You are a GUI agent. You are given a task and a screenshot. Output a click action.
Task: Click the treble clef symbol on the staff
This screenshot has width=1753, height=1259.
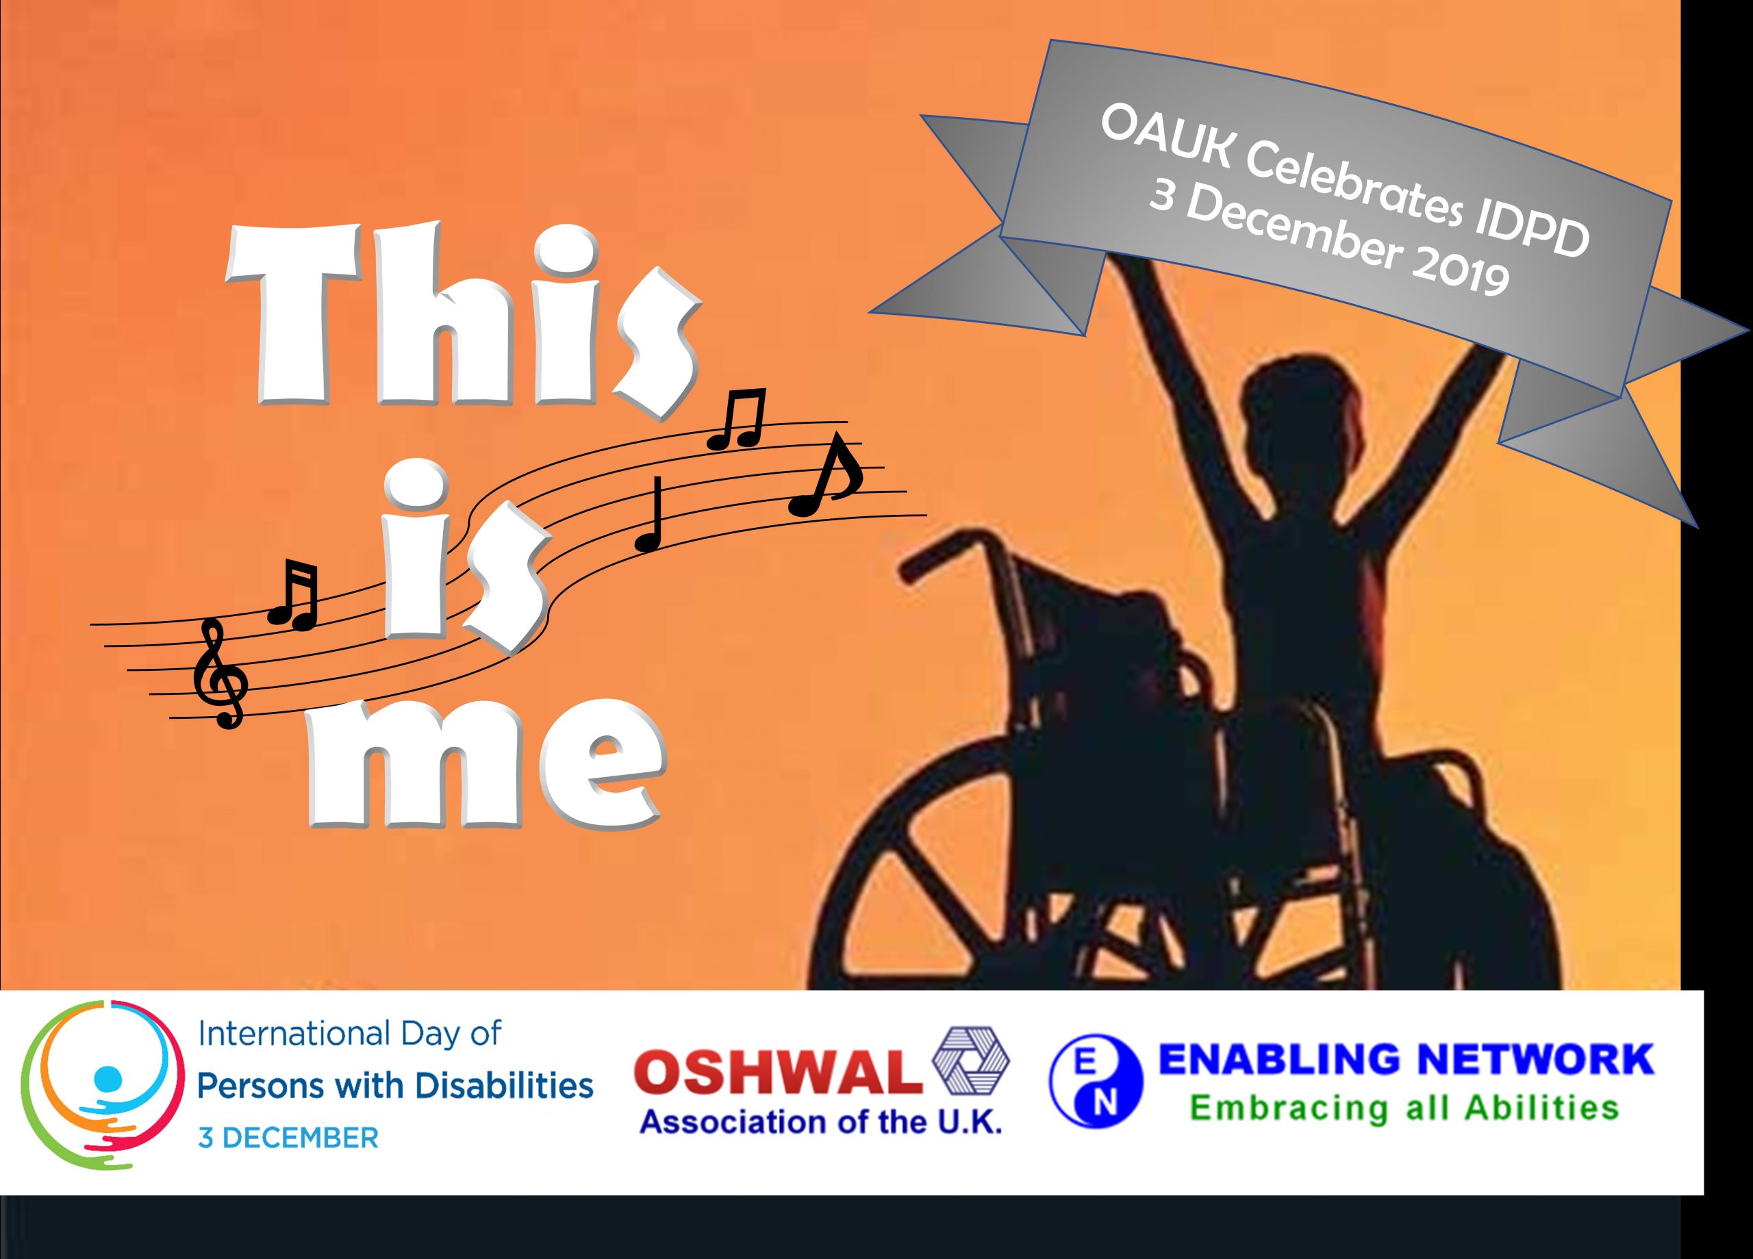click(x=221, y=673)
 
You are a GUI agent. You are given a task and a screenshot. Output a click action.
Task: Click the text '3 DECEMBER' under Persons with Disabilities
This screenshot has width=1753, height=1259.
click(x=288, y=1139)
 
